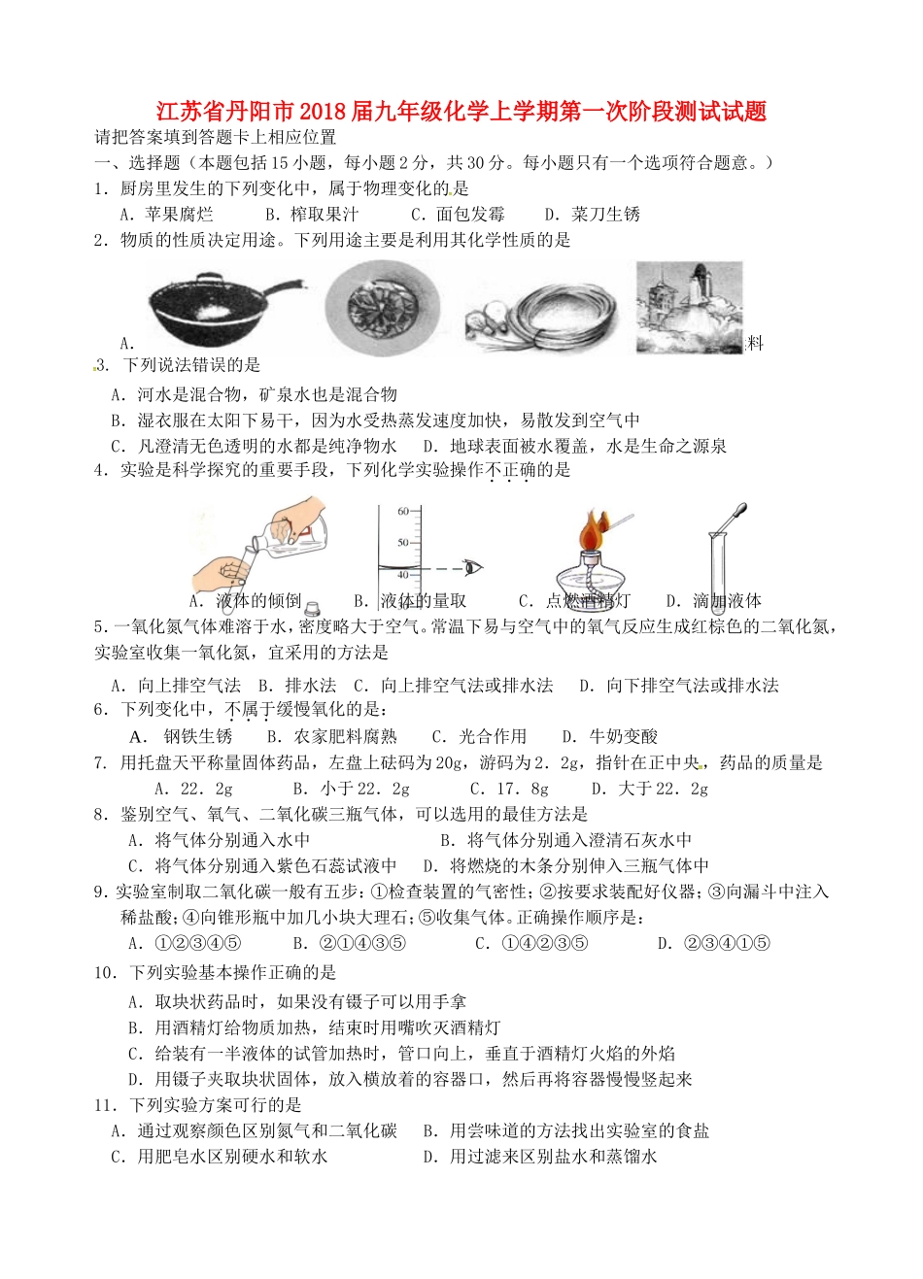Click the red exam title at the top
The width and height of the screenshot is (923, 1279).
coord(461,112)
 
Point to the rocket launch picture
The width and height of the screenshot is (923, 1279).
coord(689,306)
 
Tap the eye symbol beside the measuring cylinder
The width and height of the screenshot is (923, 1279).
coord(473,567)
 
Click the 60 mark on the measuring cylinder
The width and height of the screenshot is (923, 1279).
coord(403,511)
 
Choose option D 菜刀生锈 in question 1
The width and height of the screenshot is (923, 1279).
coord(593,215)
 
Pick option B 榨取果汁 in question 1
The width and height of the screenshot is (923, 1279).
coord(312,215)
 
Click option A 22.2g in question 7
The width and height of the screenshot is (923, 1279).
coord(193,789)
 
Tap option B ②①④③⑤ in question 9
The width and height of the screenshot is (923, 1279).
coord(349,943)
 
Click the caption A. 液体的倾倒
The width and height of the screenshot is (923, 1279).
coord(245,601)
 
